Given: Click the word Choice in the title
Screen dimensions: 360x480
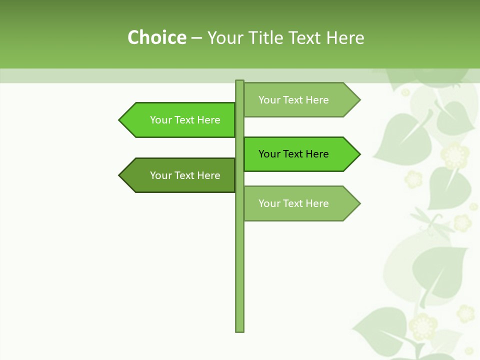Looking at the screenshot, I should (x=156, y=37).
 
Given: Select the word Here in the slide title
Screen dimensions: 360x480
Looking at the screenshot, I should (x=345, y=37).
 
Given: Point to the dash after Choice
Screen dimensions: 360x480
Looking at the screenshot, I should (x=196, y=38).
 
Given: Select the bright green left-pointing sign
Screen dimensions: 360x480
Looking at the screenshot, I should (x=180, y=120).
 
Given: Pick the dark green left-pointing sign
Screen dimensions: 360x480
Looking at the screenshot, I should (x=180, y=175).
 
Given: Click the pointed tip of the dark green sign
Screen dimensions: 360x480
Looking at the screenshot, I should (x=120, y=175).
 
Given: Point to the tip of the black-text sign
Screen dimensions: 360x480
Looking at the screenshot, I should (x=358, y=154).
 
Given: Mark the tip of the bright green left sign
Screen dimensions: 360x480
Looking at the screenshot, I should (x=120, y=120).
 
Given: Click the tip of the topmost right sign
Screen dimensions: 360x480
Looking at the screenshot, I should (x=358, y=100).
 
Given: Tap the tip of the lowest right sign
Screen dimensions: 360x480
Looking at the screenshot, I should (x=358, y=203).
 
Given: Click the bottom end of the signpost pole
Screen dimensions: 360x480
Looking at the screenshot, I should (x=239, y=329).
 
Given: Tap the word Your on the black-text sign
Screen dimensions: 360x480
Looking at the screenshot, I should (x=269, y=154).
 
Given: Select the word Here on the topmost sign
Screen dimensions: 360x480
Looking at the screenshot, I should (x=317, y=100).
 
